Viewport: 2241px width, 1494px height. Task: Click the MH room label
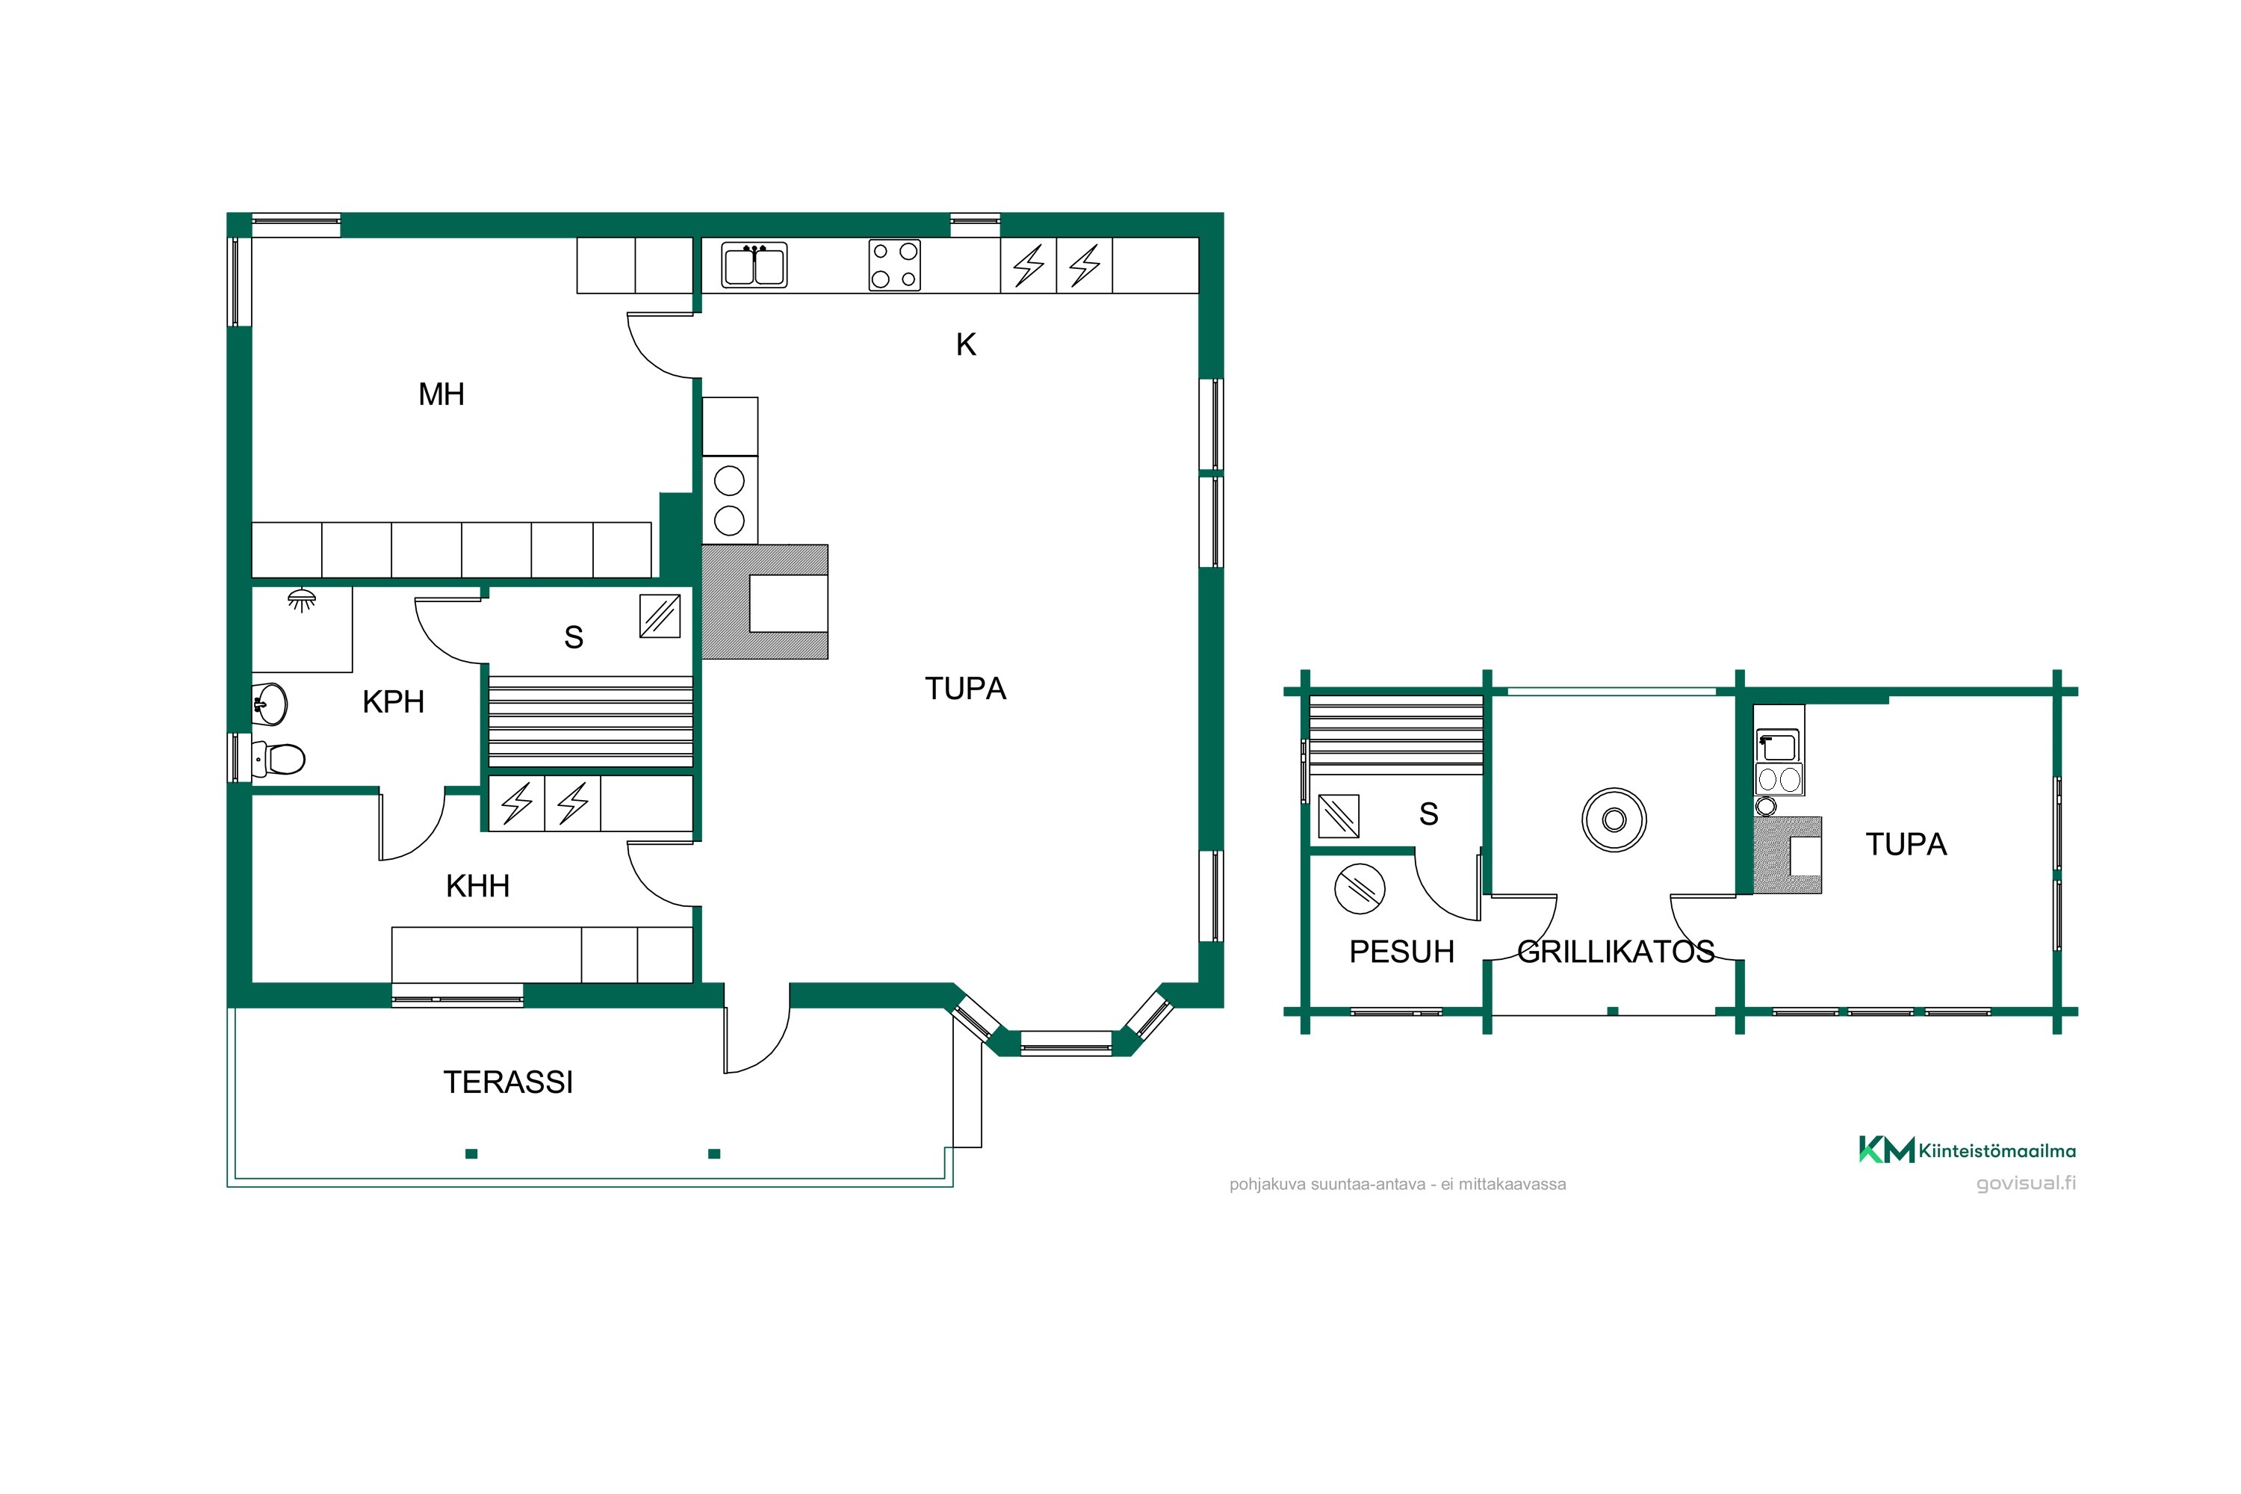pyautogui.click(x=441, y=394)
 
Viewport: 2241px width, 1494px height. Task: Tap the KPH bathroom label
pyautogui.click(x=393, y=702)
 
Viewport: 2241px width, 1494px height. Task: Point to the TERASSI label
pyautogui.click(x=508, y=1082)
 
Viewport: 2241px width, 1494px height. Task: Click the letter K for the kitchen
pyautogui.click(x=966, y=345)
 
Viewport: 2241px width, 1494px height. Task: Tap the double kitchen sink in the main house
pyautogui.click(x=754, y=265)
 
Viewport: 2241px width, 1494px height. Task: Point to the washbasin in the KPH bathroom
pyautogui.click(x=270, y=705)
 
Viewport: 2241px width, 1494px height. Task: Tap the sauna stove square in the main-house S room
pyautogui.click(x=660, y=616)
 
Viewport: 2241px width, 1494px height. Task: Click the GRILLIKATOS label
pyautogui.click(x=1616, y=952)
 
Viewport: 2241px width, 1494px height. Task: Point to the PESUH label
pyautogui.click(x=1401, y=952)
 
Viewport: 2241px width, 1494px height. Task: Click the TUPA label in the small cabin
pyautogui.click(x=1906, y=844)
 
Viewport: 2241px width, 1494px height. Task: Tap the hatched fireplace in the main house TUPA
pyautogui.click(x=765, y=602)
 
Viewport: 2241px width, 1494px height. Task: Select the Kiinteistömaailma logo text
pyautogui.click(x=1997, y=1151)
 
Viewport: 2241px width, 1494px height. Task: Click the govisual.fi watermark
pyautogui.click(x=2027, y=1183)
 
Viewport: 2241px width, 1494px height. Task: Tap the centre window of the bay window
pyautogui.click(x=1066, y=1044)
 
